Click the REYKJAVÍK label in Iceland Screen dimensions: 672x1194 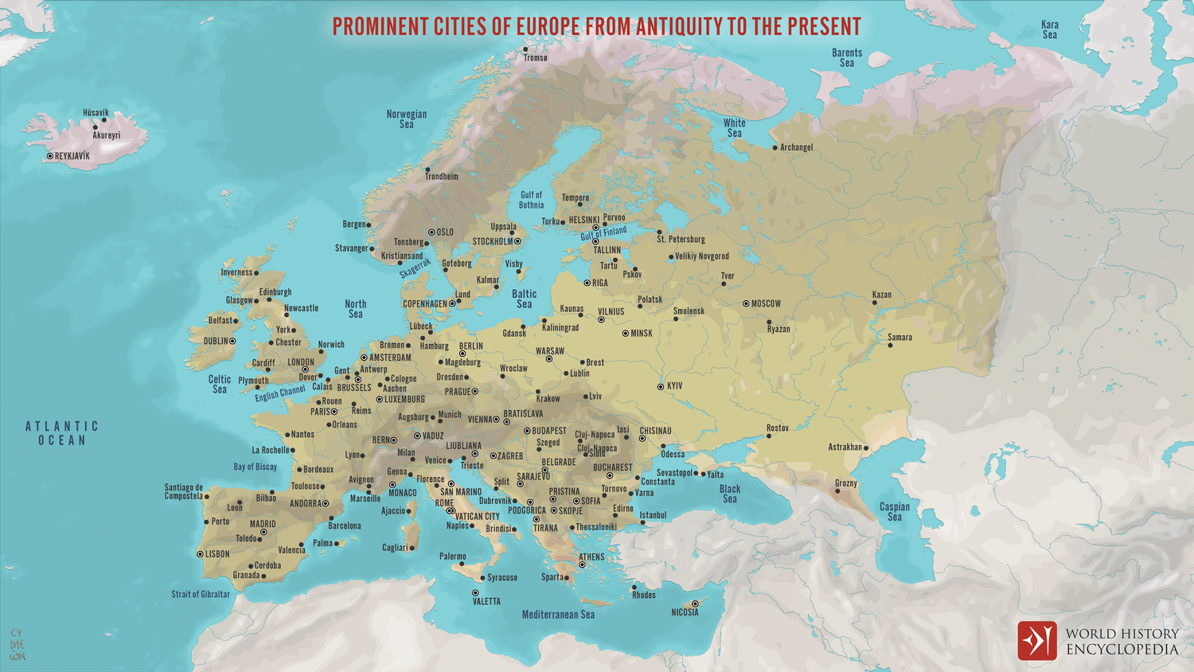pos(72,156)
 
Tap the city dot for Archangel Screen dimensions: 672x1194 pos(775,147)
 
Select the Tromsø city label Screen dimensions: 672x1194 pos(536,58)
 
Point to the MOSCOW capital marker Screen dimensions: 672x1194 pos(746,303)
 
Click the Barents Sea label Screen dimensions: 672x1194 pos(847,58)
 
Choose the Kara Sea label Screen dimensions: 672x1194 pos(1050,30)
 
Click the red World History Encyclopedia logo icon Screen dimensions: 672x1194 pos(1036,641)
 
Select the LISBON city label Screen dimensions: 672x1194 pos(217,554)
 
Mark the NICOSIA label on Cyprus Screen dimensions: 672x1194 pos(685,612)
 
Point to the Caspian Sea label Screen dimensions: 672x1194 pos(895,512)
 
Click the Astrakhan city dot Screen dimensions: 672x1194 pos(866,447)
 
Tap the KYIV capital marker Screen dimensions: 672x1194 pos(661,386)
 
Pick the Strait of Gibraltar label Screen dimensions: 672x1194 pos(201,594)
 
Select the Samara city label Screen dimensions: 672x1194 pos(900,338)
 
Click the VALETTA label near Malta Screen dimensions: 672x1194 pos(486,602)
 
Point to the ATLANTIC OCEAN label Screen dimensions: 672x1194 pos(62,433)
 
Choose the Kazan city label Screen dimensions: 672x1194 pos(882,295)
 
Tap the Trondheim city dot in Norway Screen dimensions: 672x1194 pos(427,170)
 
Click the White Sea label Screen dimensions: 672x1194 pos(734,128)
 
